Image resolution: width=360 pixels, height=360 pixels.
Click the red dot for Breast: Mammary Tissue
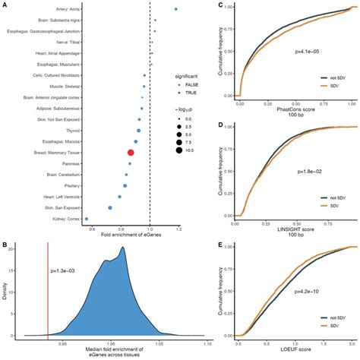coord(131,153)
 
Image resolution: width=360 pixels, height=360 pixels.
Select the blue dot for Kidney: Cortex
coord(87,218)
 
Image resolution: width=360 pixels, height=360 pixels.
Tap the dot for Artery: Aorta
coord(176,10)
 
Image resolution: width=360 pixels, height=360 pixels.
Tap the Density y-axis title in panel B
coord(5,290)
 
